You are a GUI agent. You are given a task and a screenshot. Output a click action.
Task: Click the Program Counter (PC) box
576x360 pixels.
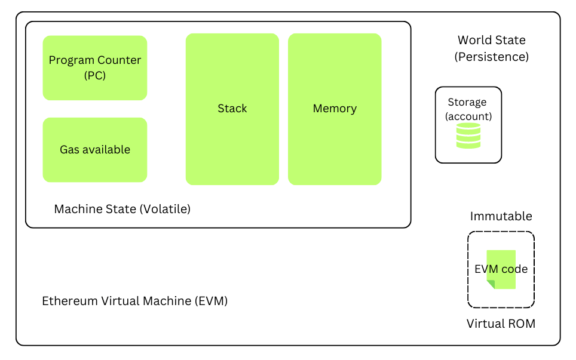[94, 67]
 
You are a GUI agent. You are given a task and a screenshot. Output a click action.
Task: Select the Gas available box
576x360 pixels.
[94, 149]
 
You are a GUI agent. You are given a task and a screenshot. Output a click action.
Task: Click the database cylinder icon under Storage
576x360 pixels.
[468, 136]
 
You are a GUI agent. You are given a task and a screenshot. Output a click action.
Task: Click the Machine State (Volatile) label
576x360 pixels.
[122, 209]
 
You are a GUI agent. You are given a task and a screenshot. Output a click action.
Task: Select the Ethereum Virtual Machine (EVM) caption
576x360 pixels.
[134, 301]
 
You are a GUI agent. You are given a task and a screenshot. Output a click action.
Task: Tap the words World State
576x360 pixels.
[491, 40]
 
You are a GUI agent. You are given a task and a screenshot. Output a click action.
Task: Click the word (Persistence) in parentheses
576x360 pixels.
[491, 57]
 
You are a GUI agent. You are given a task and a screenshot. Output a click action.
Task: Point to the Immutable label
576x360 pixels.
[501, 216]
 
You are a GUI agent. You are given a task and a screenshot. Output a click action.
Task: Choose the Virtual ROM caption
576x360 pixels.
[501, 324]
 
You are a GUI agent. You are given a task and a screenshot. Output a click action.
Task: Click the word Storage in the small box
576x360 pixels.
[467, 102]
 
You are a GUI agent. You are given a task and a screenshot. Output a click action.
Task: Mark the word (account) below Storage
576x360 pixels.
[468, 116]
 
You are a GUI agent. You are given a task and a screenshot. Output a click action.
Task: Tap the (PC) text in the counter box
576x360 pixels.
[94, 76]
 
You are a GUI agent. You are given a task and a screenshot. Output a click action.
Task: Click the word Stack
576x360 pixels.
[232, 109]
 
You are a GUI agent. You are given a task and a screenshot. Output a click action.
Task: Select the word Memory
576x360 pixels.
[335, 109]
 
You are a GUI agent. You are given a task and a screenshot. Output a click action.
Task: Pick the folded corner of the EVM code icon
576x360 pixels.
[491, 284]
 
